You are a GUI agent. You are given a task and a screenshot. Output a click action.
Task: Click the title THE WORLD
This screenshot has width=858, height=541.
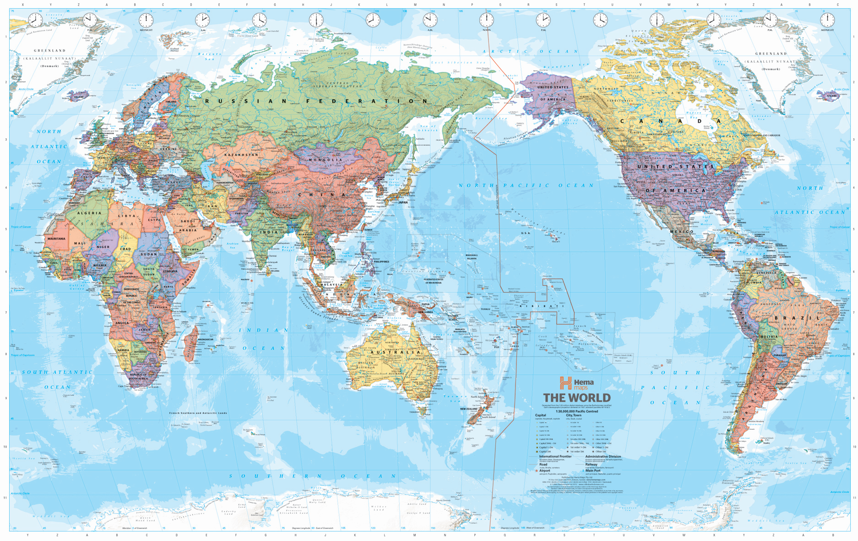click(576, 398)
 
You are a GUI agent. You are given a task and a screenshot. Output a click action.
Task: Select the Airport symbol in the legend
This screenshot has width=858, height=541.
click(537, 471)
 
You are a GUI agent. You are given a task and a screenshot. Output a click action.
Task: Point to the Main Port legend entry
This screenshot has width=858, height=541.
click(592, 470)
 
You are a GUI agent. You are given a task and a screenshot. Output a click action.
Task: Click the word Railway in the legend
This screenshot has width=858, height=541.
click(591, 464)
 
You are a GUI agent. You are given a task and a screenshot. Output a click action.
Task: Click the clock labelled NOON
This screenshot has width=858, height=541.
click(486, 20)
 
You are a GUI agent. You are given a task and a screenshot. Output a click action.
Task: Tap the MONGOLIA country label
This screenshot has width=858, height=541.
click(326, 160)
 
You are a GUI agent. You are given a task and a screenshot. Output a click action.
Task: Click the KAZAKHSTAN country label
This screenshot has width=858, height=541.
click(241, 155)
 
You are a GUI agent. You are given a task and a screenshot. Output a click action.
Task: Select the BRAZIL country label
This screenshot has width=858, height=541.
click(797, 317)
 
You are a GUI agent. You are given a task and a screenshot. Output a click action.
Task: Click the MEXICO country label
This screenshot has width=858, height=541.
click(682, 232)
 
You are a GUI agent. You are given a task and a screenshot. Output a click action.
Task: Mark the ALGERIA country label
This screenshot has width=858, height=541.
click(89, 213)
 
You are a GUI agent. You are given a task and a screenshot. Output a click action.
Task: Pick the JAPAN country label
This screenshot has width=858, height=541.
click(402, 202)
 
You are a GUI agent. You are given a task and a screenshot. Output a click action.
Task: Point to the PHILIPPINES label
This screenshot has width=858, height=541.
click(381, 262)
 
